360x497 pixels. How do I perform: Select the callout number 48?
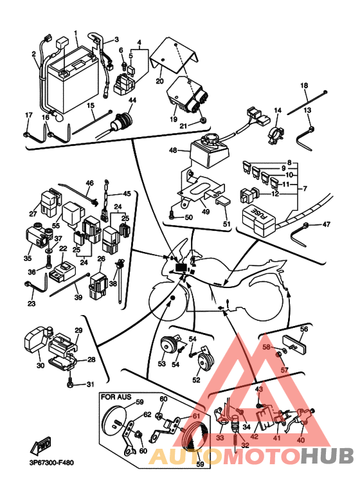click(x=173, y=150)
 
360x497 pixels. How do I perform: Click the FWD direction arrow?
click(x=40, y=447)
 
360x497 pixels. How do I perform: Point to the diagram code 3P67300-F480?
click(x=51, y=463)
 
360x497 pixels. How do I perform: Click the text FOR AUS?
click(x=116, y=397)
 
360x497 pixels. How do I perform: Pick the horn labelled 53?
click(x=168, y=345)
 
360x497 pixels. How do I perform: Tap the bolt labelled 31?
click(x=70, y=384)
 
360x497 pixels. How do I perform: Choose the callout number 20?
click(x=159, y=81)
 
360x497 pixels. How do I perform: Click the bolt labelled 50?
click(x=172, y=215)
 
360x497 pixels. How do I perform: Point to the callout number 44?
click(x=132, y=100)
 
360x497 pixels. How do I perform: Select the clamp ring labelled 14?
click(x=275, y=134)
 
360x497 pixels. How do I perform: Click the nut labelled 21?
click(x=203, y=121)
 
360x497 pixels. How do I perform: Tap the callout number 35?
click(x=28, y=258)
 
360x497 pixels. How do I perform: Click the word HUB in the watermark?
click(x=327, y=456)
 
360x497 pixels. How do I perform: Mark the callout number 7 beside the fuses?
click(x=305, y=188)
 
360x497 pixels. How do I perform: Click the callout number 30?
click(x=40, y=365)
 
